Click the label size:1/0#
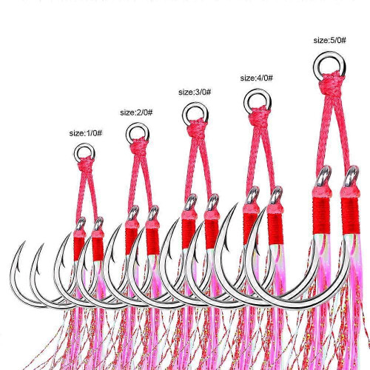86,133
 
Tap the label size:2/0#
136,112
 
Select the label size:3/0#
195,92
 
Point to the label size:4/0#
257,78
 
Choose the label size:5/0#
330,40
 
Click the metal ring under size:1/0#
75,153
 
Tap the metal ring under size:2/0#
127,134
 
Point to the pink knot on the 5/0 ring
331,84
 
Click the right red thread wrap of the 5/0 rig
350,216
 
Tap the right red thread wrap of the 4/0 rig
275,229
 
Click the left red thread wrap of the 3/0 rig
189,234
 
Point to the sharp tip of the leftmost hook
25,241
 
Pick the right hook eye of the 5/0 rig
351,176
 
